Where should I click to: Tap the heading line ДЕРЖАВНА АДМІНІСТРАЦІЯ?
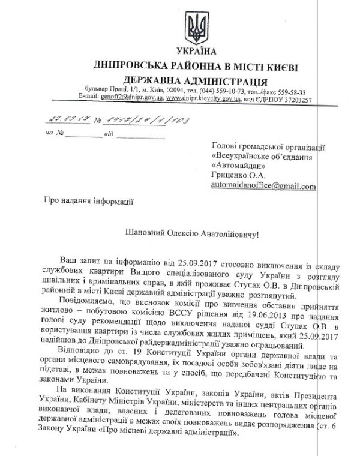coord(195,81)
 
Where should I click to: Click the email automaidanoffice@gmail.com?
coord(263,187)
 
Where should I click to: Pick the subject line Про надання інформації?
coord(88,202)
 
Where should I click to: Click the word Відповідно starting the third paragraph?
coord(82,349)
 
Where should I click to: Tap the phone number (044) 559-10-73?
coord(214,91)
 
